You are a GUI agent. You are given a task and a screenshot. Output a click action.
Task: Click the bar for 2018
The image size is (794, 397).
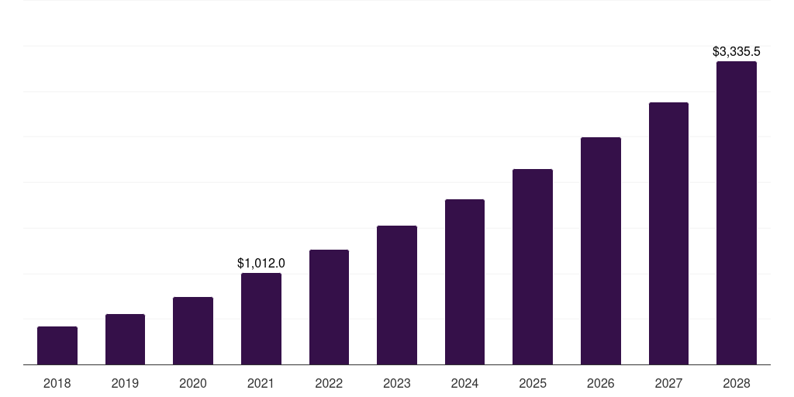pos(57,346)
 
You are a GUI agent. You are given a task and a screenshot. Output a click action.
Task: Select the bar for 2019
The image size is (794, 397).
pos(125,340)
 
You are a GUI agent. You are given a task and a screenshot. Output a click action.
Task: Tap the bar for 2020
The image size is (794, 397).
pos(193,331)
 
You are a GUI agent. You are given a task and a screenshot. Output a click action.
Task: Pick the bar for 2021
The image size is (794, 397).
pos(261,319)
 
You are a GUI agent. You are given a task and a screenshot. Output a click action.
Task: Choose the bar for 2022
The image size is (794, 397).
pos(329,307)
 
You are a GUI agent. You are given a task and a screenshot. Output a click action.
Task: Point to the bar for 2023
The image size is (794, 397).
pos(397,295)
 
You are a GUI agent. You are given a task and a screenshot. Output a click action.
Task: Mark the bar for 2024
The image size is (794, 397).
pos(464,282)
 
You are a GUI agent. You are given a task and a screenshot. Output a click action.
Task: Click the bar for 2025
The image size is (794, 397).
pos(533,267)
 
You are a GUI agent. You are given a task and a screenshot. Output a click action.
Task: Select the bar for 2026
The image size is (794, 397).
pos(601,251)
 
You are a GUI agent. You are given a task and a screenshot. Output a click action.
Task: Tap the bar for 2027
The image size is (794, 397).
pos(668,233)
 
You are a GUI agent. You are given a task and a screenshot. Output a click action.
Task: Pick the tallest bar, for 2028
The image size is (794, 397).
pos(737,213)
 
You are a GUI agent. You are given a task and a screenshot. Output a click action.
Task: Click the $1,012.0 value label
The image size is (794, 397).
pos(261,264)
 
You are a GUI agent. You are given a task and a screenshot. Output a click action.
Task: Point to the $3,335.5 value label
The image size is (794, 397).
pos(737,52)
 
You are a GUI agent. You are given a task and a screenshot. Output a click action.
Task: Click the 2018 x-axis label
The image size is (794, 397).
pos(57,383)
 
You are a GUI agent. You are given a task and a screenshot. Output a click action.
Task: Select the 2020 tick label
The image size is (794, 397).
pos(193,383)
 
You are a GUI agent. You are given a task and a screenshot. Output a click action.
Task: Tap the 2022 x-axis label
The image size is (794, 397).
pos(329,383)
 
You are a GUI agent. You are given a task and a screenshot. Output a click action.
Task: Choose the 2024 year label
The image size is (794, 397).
pos(464,383)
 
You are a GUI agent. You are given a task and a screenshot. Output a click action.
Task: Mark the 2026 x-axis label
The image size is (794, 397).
pos(601,383)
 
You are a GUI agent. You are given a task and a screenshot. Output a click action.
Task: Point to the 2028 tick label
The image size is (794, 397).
pos(737,383)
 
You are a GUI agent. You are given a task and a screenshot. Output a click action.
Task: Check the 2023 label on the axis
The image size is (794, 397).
pos(397,383)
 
